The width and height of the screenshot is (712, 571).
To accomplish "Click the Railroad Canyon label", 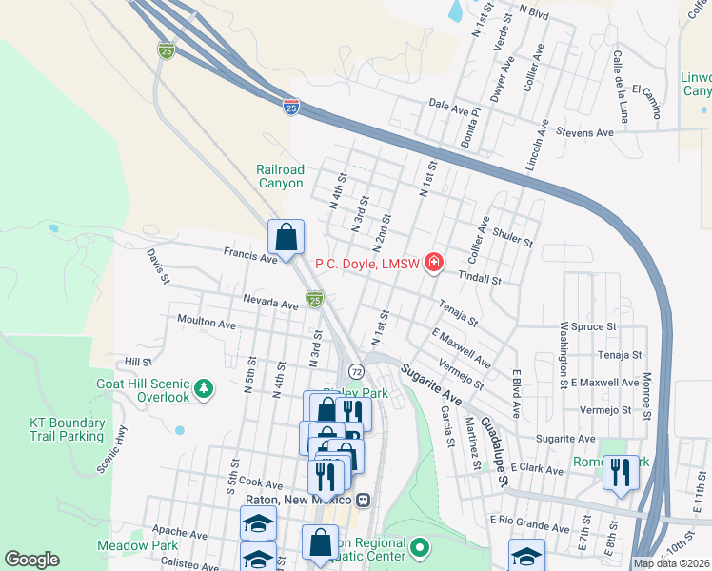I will click(x=280, y=176).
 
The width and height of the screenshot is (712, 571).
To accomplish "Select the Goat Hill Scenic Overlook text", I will click(x=143, y=389).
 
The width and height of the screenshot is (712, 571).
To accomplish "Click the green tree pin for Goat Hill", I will click(x=203, y=388).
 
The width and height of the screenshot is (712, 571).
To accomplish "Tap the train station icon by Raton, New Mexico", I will click(x=363, y=499).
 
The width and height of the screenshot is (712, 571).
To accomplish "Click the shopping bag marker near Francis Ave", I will click(x=286, y=238).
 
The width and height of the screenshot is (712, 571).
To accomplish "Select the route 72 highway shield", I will click(x=355, y=369).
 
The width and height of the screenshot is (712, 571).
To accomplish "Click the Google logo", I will click(x=31, y=560).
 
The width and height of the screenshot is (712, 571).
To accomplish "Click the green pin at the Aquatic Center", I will click(x=420, y=548).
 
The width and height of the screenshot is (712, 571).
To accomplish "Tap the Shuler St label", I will click(x=513, y=237).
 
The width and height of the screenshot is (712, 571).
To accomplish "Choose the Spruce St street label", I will click(x=594, y=326).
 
